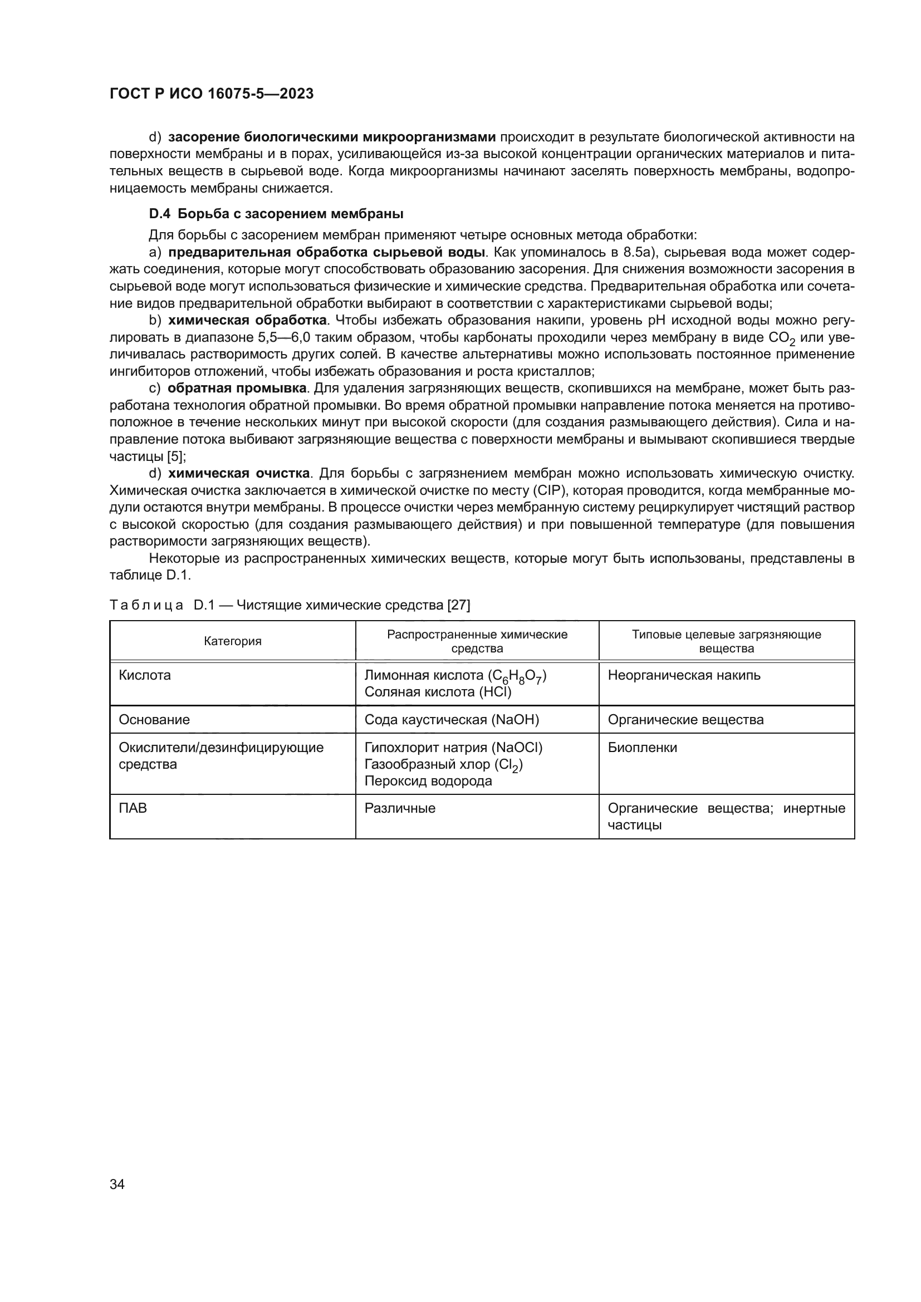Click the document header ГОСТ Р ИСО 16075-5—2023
[212, 94]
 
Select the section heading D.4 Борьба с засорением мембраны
[276, 214]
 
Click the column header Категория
[233, 641]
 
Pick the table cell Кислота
[145, 675]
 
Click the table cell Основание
[154, 720]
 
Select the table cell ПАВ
[133, 808]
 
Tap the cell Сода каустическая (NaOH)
[452, 720]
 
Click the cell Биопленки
[643, 748]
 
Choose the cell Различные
[400, 808]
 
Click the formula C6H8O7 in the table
[517, 676]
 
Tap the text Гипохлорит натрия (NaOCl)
[453, 748]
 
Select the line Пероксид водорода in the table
[428, 781]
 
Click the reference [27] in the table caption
[459, 605]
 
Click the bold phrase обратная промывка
[237, 389]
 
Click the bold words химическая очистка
[239, 474]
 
